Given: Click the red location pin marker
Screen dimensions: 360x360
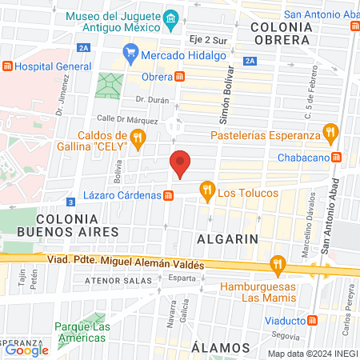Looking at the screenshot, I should [182, 164].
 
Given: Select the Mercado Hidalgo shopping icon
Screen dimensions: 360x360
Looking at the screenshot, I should [132, 56].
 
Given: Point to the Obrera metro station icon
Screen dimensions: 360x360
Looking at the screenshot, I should [182, 76].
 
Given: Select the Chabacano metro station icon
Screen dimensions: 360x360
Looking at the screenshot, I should [337, 158].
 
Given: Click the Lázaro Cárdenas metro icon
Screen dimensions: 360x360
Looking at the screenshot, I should [169, 195].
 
